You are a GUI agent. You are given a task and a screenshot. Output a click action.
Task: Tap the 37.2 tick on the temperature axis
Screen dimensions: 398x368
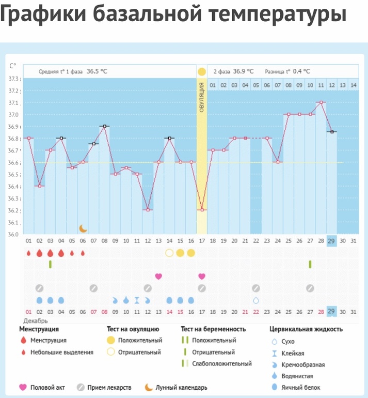coord(14,90)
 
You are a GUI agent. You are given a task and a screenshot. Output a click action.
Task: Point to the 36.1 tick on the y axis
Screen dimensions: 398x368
coord(14,223)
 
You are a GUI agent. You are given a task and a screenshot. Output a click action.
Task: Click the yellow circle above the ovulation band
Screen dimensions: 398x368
coord(201,71)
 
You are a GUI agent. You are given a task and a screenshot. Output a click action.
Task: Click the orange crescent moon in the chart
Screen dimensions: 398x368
coord(83,228)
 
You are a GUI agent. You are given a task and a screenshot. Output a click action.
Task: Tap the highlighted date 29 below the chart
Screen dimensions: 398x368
coord(331,241)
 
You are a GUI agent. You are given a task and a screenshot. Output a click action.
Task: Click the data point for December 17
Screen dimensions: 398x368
coord(202,210)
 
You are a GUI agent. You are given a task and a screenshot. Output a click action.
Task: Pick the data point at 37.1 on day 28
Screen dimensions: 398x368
coord(321,102)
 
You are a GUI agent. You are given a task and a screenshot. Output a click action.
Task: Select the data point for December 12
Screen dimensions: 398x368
coord(148,210)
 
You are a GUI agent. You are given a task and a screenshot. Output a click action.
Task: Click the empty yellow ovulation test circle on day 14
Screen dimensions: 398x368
coord(169,253)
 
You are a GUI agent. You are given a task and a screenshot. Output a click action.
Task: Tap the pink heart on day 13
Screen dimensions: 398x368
coord(158,276)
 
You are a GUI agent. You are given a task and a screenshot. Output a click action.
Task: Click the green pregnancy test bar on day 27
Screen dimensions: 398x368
coord(310,264)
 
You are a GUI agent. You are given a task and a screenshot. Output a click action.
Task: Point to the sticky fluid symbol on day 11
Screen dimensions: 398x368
coord(137,300)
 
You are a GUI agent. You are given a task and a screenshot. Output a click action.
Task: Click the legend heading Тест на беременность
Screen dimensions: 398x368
coord(213,329)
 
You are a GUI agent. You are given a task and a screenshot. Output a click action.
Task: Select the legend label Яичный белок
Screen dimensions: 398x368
coord(298,387)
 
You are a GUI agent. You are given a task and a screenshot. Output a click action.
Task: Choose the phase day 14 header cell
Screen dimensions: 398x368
coord(353,85)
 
